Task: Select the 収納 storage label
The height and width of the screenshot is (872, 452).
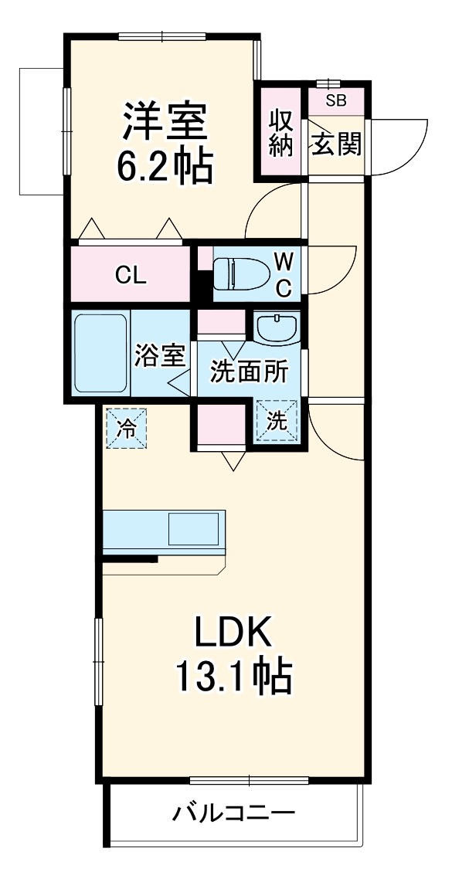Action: tap(282, 132)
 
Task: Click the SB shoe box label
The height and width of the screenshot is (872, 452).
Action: tap(335, 100)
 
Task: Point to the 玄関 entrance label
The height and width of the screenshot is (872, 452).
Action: tap(336, 143)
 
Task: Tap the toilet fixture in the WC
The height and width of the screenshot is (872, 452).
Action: tap(239, 273)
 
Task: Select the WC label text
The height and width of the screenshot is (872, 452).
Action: tap(284, 274)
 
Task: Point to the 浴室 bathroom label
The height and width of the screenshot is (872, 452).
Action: tap(160, 357)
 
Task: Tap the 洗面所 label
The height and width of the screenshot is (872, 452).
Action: tap(250, 372)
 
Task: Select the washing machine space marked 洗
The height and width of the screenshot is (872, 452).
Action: tap(277, 422)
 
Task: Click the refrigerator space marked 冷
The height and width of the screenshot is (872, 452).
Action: tap(124, 427)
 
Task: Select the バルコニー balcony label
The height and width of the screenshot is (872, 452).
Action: tap(233, 816)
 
